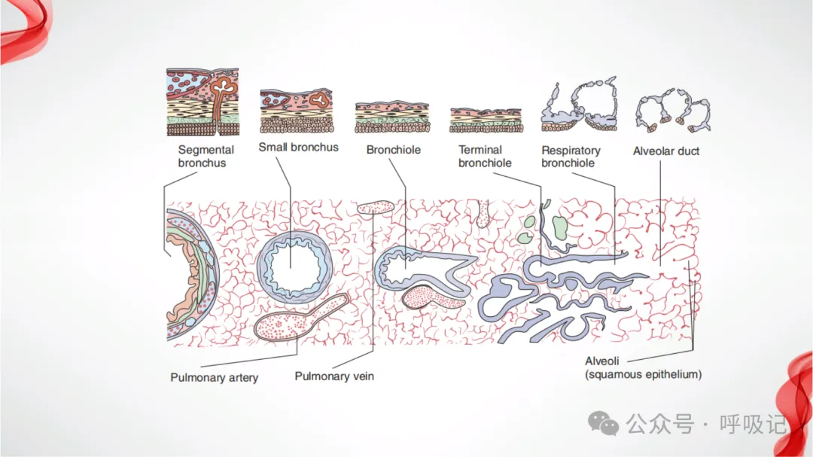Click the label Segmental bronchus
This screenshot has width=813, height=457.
click(206, 156)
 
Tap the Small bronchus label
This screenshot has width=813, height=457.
click(298, 147)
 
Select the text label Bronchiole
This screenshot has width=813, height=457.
click(393, 150)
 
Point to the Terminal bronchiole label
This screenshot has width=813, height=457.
click(485, 156)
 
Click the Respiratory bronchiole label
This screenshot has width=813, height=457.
click(571, 157)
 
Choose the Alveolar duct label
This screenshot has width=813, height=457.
click(666, 151)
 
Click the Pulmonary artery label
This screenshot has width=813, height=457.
click(214, 377)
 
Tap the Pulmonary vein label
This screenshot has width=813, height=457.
click(334, 376)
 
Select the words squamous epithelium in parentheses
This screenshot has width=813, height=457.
click(644, 374)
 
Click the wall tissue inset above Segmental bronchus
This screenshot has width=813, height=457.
click(202, 102)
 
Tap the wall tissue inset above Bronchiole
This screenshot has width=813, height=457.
click(392, 117)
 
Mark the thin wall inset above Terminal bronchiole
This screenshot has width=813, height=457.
click(485, 120)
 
